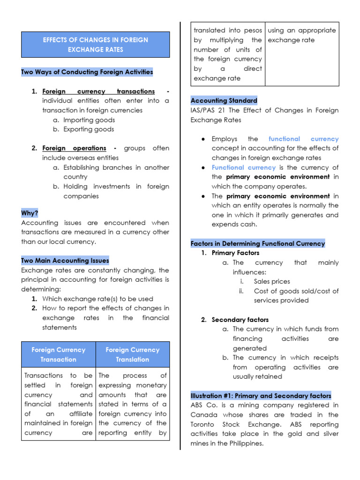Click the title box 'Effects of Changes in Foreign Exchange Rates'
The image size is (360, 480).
tap(95, 45)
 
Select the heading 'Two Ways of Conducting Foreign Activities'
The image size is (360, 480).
tap(87, 72)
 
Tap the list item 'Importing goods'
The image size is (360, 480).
tap(89, 120)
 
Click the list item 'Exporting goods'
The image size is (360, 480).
tap(89, 129)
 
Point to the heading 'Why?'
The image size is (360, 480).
tap(30, 213)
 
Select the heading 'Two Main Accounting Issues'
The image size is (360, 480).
tap(65, 261)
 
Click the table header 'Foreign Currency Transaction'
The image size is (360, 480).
tap(59, 355)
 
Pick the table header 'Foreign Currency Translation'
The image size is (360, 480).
tap(133, 355)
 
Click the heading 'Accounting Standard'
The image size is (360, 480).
tap(224, 101)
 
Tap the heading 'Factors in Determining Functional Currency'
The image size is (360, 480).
tap(257, 244)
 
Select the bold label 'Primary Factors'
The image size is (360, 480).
tap(235, 253)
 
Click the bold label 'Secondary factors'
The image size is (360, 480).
tap(240, 320)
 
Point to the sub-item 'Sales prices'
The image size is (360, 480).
tap(272, 282)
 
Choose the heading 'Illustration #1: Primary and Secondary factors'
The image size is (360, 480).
tap(261, 396)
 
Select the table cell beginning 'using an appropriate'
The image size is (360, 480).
tap(301, 35)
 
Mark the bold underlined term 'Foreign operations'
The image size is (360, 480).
tap(74, 148)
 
